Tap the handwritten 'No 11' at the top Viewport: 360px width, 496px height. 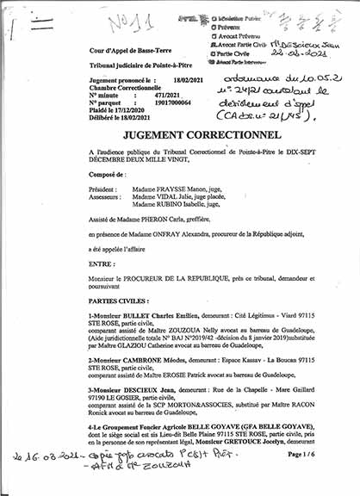tap(110, 18)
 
